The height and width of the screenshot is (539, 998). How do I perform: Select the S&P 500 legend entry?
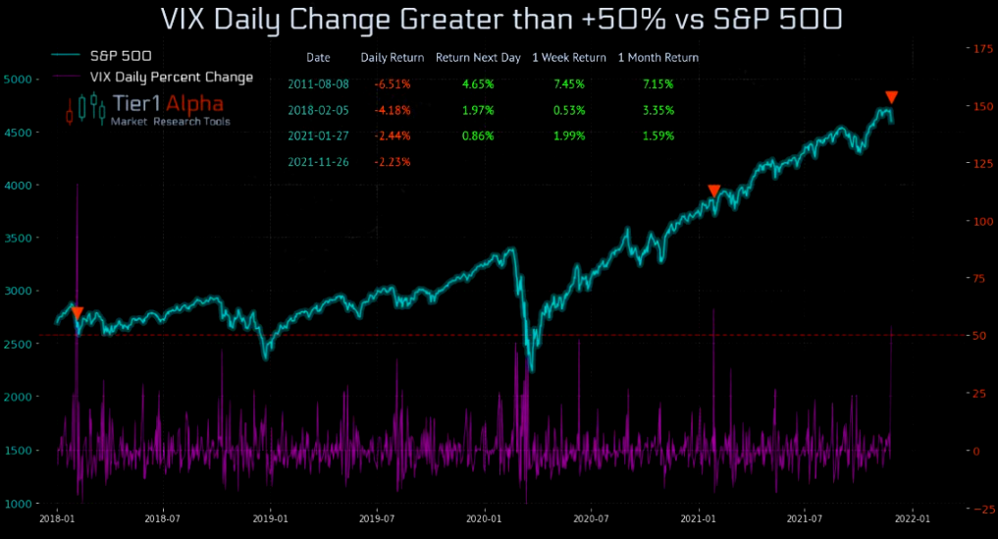120,57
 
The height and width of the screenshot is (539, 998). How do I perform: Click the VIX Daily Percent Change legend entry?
171,77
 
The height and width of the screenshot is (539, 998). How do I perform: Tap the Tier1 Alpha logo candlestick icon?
84,108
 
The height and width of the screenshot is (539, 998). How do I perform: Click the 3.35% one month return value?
657,110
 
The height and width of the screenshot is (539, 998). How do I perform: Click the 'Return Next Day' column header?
478,58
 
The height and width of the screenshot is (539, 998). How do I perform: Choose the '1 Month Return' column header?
657,58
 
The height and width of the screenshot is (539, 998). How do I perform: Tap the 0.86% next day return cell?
477,135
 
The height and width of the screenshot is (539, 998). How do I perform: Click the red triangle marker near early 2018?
78,313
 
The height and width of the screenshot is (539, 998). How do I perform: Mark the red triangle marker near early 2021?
714,190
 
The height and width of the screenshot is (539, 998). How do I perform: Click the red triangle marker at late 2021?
891,97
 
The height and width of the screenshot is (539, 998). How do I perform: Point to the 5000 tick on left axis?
20,79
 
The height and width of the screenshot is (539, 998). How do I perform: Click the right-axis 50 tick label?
967,336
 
